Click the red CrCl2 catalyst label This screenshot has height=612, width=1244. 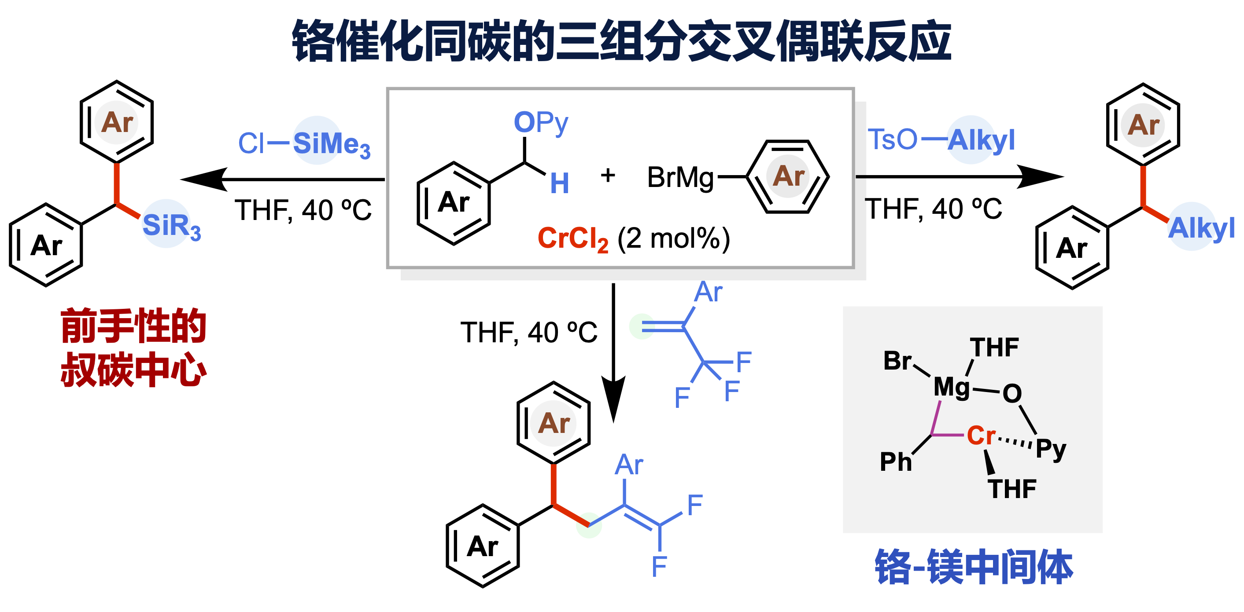point(573,239)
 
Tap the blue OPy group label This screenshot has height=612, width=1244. point(541,123)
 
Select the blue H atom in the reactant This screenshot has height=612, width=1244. point(559,183)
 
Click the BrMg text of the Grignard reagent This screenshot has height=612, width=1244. point(680,178)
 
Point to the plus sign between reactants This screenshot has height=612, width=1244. point(608,175)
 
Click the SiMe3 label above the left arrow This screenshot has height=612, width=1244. point(331,144)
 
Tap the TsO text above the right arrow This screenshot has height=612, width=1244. point(892,140)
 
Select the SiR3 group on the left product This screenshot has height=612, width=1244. point(171,226)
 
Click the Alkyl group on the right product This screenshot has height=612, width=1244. point(1201,228)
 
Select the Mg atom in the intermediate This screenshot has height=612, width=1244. point(951,387)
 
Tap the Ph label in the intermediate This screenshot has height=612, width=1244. point(896,462)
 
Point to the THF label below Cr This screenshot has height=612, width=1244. point(1012,489)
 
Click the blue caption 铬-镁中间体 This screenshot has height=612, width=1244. point(974,568)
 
